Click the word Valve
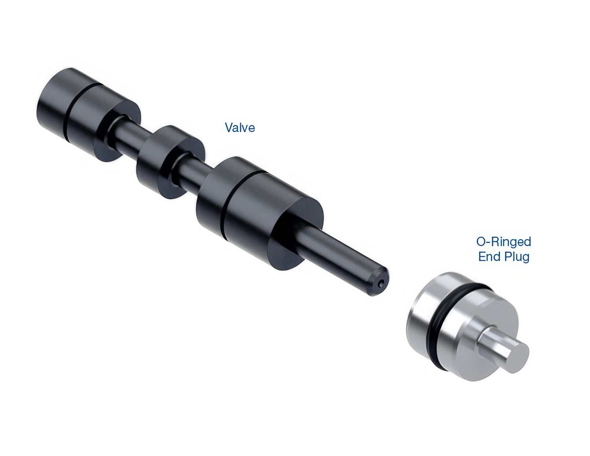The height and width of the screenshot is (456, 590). [x=240, y=127]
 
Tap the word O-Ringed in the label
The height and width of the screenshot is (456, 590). [x=503, y=241]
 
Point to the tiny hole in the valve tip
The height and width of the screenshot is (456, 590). [x=382, y=284]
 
